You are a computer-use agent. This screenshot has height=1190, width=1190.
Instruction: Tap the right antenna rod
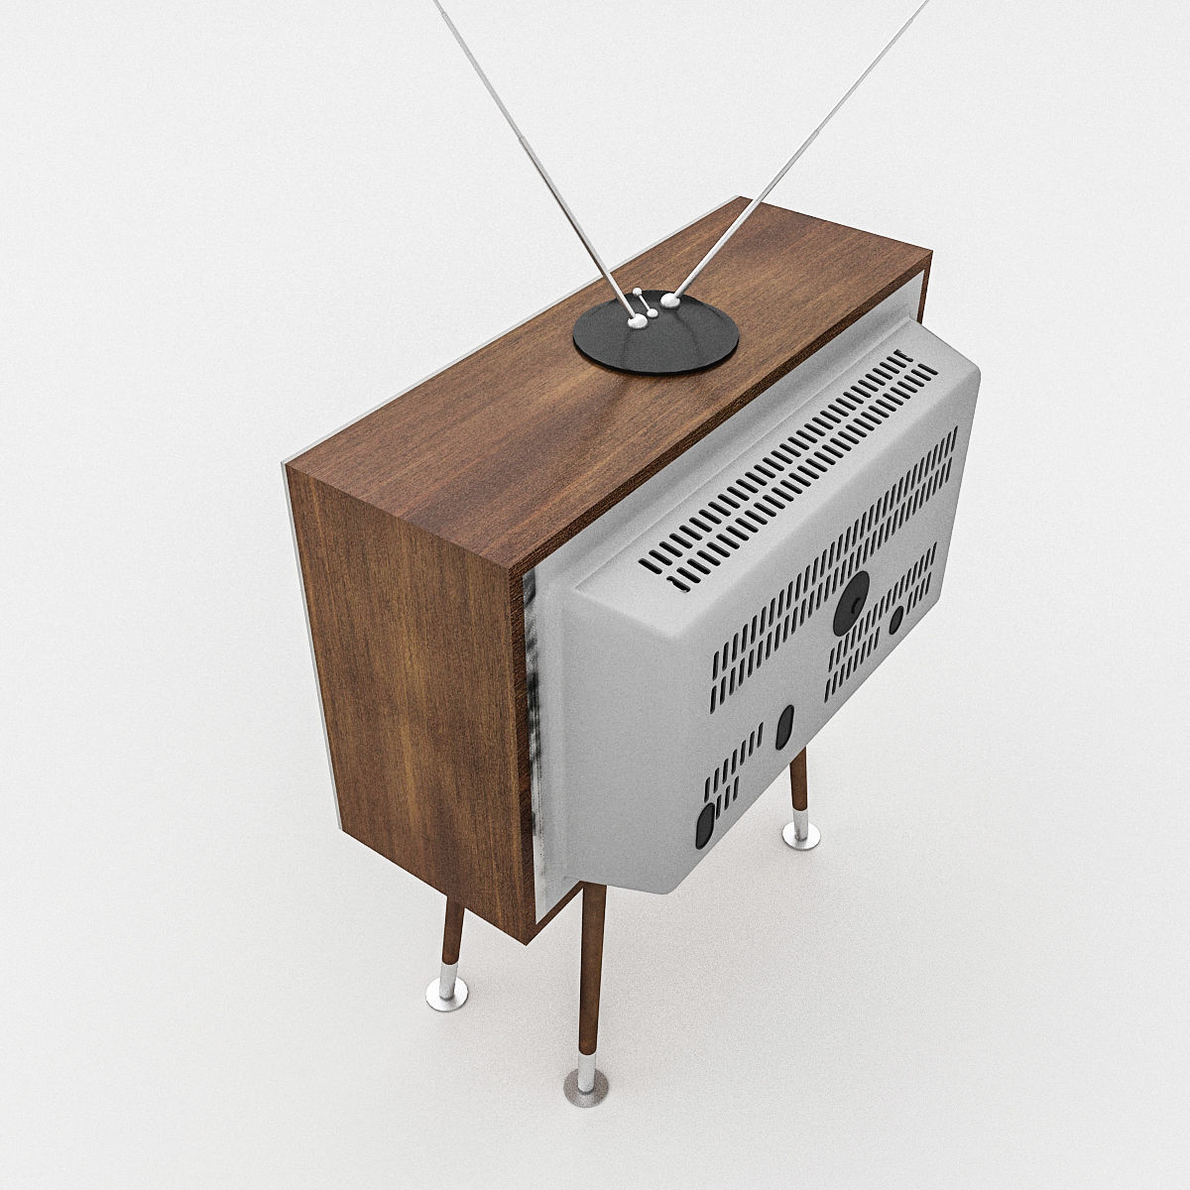[x=793, y=149]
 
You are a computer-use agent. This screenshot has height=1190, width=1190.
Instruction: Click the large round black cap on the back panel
[x=851, y=603]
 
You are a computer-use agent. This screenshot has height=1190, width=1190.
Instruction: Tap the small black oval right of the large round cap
[x=895, y=621]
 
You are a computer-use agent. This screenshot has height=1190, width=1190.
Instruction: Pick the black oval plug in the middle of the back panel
[x=784, y=726]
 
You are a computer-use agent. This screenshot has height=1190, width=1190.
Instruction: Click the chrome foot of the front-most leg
[x=586, y=1087]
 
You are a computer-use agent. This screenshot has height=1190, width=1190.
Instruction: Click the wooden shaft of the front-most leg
[x=592, y=972]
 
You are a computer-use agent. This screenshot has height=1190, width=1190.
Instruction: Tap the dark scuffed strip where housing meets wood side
[x=530, y=714]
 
